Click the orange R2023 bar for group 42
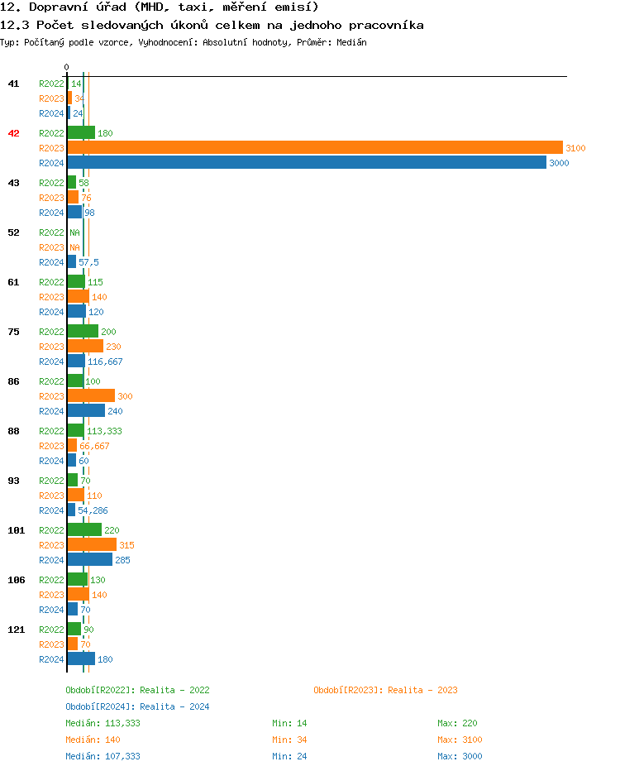coord(314,148)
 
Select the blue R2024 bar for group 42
coord(306,163)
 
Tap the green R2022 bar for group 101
coord(84,530)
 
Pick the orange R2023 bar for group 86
coord(91,396)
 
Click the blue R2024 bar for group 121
coord(81,659)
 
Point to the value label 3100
coord(575,148)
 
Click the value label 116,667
coord(105,362)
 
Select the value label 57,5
coord(88,262)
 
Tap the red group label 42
coord(14,133)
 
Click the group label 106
coord(17,580)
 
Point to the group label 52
coord(14,232)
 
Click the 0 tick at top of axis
coord(67,67)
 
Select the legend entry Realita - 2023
coord(385,690)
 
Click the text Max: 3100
coord(460,740)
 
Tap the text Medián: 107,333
coord(103,756)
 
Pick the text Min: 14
coord(289,723)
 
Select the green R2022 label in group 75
coord(51,332)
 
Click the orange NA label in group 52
coord(74,247)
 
